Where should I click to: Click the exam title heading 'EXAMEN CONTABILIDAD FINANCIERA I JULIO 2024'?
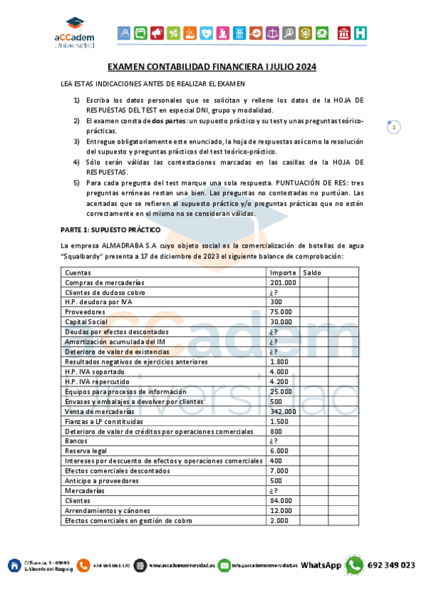(212, 68)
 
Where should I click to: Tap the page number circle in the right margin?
(394, 127)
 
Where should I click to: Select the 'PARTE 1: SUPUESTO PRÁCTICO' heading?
(110, 230)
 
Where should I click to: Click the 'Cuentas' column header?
(78, 272)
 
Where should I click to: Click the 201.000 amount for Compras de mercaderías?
(283, 282)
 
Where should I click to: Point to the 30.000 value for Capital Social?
(281, 321)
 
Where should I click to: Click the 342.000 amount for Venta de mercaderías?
(283, 411)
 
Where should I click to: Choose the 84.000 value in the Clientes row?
(281, 500)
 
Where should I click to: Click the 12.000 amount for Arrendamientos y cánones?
(281, 510)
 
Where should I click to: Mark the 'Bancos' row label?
(76, 441)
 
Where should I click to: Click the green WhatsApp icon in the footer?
(355, 565)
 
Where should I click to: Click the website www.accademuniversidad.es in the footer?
(182, 565)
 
